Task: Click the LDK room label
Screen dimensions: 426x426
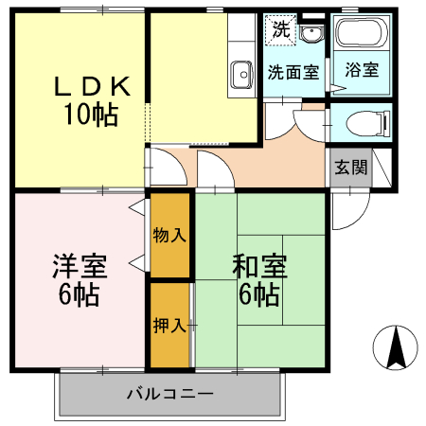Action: pos(92,86)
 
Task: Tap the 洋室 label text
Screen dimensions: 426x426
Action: pos(80,266)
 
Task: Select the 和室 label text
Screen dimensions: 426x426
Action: pos(259,266)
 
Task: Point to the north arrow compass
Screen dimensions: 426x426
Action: pos(396,347)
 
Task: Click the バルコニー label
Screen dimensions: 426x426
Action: pos(170,394)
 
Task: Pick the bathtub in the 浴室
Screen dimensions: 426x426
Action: pos(362,33)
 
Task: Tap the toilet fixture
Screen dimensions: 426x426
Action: pos(368,124)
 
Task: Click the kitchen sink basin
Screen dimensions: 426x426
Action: pos(241,75)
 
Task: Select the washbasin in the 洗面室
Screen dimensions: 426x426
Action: pos(311,33)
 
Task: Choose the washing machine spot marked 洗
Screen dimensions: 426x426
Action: pos(281,29)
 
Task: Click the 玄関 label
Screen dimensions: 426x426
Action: pos(351,168)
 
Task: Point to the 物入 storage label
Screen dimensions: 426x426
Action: pos(169,235)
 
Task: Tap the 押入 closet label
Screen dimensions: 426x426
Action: pos(169,326)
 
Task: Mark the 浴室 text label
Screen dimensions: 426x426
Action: pos(362,70)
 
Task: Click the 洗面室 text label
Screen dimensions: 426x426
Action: pos(293,72)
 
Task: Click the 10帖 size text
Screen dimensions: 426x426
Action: pos(91,115)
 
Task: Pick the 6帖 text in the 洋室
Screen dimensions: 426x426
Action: pos(79,294)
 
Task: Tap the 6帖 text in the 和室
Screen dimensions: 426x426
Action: pos(259,294)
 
